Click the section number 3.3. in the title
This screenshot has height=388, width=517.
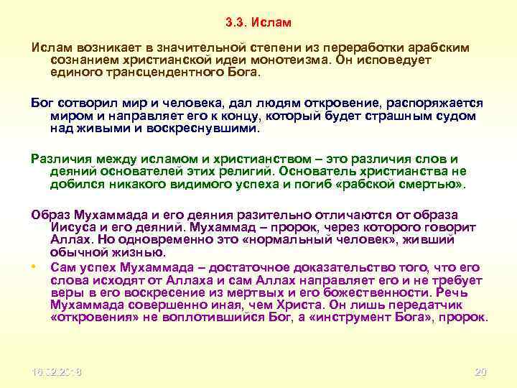click(x=236, y=23)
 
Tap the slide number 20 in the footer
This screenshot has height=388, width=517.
click(x=480, y=372)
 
